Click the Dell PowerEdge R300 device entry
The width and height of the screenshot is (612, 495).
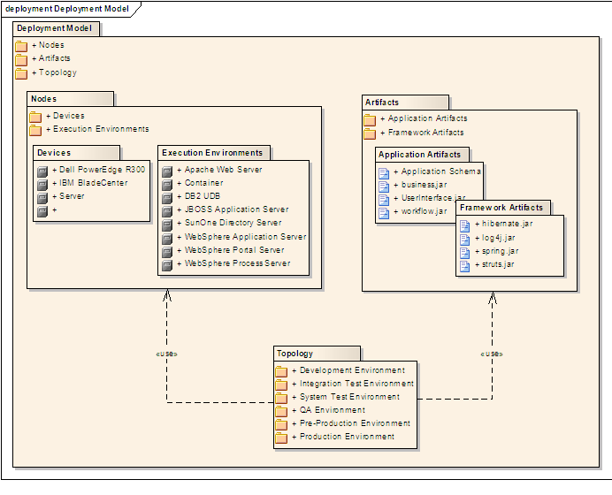pos(103,170)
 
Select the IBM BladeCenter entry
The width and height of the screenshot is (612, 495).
pos(93,183)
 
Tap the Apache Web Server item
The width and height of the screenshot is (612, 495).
pos(223,170)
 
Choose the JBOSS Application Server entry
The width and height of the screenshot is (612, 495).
pos(236,209)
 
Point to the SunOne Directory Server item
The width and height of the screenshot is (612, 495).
pos(233,223)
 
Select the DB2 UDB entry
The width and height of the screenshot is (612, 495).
pos(203,196)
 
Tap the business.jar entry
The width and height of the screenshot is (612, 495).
pos(424,185)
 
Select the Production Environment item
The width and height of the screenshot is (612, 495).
pos(347,437)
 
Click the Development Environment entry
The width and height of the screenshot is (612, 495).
pos(352,370)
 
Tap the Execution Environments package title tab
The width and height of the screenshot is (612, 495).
pos(212,153)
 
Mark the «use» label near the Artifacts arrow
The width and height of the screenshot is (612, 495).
pos(491,354)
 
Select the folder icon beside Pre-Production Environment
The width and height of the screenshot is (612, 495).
pos(281,424)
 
